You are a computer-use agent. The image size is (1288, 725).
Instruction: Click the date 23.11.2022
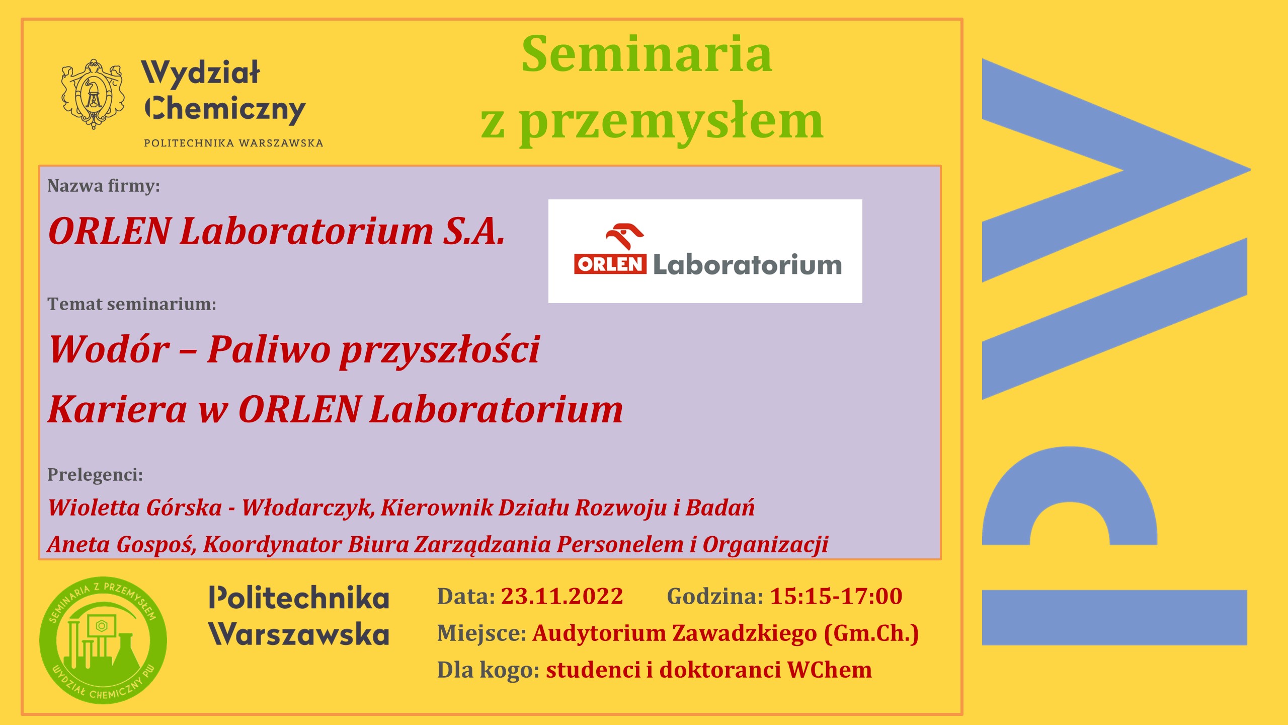click(x=561, y=597)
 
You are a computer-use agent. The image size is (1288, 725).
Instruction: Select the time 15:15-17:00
click(x=836, y=597)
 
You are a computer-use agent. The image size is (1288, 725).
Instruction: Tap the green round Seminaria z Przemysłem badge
click(x=103, y=640)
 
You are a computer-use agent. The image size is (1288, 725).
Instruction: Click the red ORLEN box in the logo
click(x=610, y=264)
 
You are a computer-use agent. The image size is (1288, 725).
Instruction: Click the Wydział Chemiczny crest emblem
click(x=93, y=94)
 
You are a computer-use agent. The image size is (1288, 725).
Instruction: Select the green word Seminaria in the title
click(x=647, y=54)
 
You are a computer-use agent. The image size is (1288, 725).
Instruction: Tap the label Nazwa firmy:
click(x=104, y=186)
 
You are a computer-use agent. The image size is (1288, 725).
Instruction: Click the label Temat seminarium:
click(x=132, y=304)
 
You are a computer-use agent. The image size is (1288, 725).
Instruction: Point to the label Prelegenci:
click(x=95, y=475)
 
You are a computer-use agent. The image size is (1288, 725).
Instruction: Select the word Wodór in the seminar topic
click(x=109, y=349)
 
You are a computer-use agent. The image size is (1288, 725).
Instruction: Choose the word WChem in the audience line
click(x=829, y=670)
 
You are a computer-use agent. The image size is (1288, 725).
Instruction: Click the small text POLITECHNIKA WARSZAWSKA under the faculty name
click(x=233, y=143)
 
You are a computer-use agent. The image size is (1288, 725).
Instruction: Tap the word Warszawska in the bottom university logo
click(x=299, y=634)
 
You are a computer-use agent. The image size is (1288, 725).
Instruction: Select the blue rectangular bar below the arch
click(x=1114, y=617)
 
